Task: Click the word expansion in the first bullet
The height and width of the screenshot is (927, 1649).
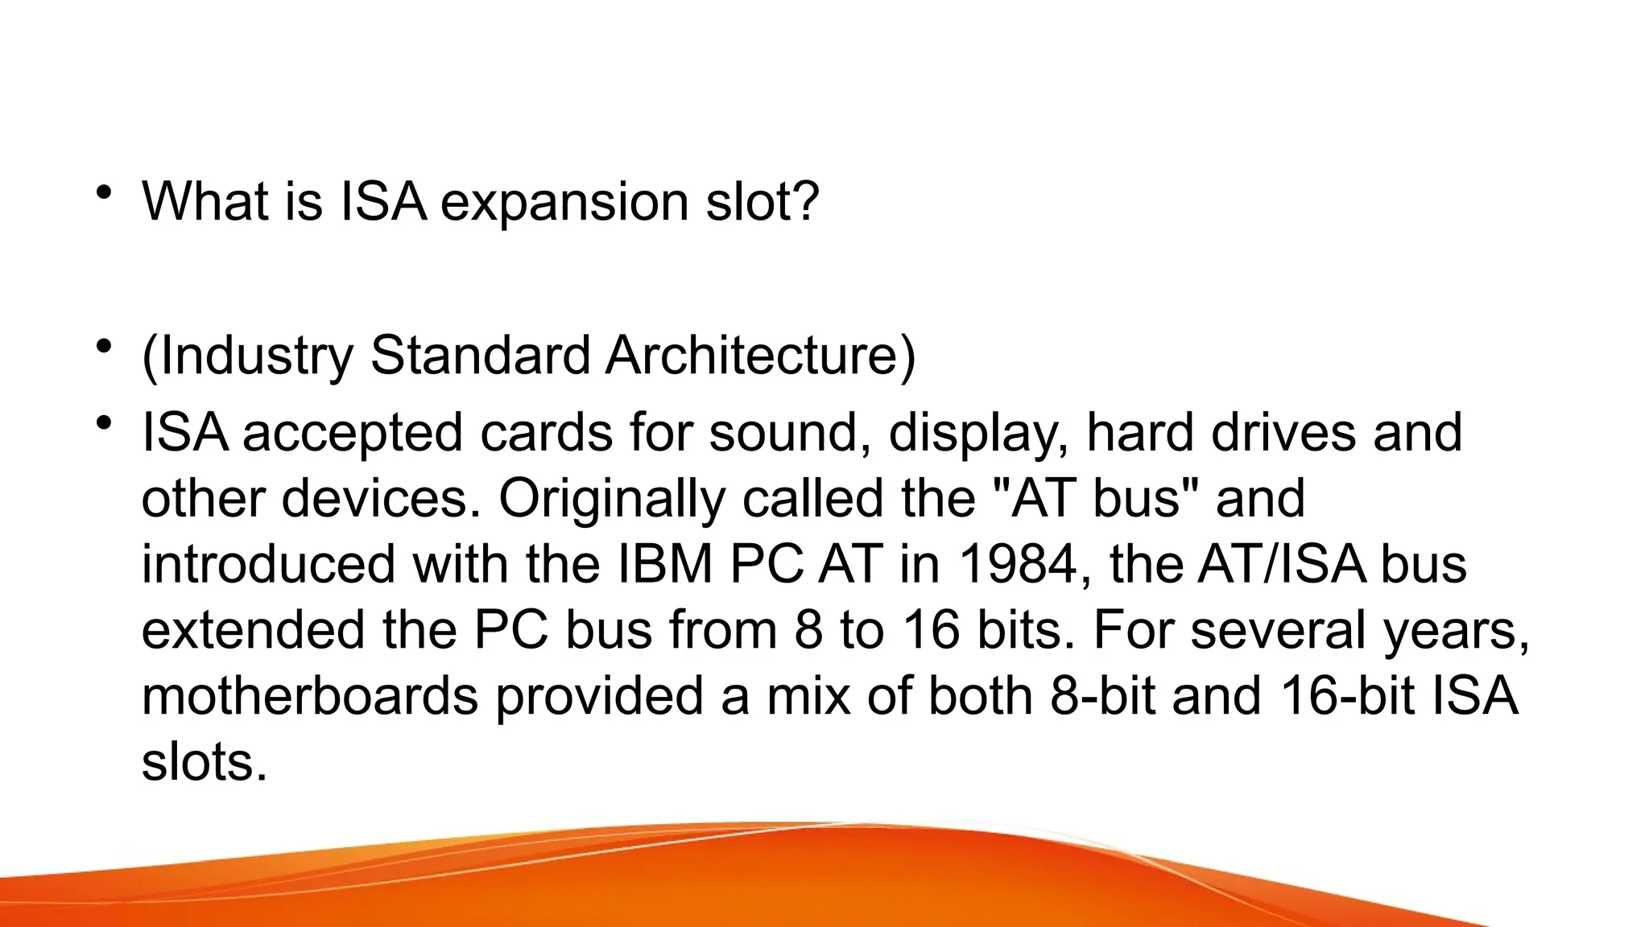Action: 564,202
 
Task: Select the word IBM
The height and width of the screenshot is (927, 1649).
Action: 665,564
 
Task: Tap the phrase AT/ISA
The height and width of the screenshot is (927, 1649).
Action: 1281,564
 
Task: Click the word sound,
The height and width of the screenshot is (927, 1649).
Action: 789,433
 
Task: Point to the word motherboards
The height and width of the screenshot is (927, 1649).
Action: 310,696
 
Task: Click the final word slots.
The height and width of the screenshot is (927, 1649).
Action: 203,762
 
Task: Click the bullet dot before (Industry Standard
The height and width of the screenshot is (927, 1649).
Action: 102,348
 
